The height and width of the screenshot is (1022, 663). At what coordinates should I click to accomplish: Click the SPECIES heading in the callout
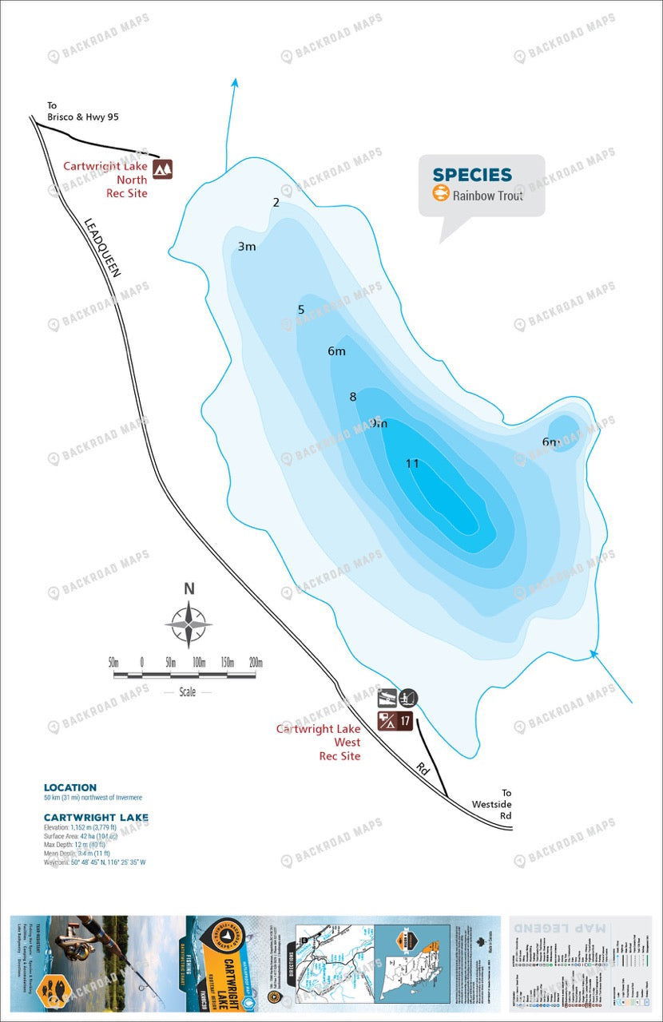(x=472, y=175)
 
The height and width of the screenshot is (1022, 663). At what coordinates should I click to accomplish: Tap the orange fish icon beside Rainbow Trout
(x=440, y=194)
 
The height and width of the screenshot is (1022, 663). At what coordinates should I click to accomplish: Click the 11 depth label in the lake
(x=412, y=463)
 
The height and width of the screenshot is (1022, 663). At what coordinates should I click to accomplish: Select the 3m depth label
(x=247, y=246)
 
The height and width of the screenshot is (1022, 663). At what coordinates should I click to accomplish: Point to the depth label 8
(x=353, y=397)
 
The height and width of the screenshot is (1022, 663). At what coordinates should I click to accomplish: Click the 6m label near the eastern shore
(x=550, y=442)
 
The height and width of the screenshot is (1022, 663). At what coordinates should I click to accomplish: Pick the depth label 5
(x=301, y=310)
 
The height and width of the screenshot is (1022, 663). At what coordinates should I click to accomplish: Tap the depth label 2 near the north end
(x=276, y=202)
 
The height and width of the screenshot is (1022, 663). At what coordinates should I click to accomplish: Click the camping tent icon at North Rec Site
(x=163, y=168)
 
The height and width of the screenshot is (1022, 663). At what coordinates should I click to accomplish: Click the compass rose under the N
(x=189, y=624)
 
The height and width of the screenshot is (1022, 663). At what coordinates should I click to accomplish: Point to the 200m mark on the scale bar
(x=256, y=663)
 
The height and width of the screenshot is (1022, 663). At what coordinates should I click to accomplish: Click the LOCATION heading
(x=70, y=787)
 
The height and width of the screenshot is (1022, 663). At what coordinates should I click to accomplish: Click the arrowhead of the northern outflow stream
(x=235, y=81)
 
